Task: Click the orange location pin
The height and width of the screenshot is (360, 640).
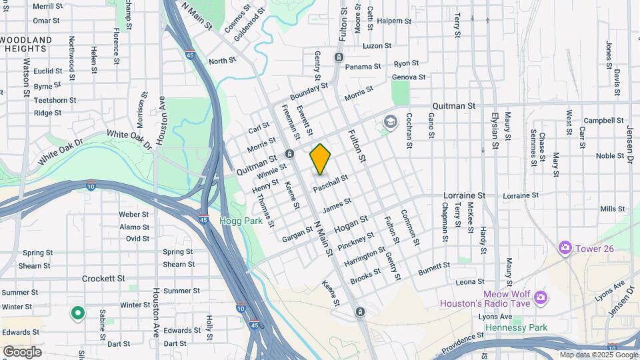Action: point(320,159)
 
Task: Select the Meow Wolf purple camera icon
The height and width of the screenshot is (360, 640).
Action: point(540,296)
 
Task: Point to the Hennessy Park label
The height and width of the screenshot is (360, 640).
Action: point(516,327)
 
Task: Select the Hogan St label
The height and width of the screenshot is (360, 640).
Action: point(351,224)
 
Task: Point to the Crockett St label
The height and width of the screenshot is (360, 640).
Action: point(103,278)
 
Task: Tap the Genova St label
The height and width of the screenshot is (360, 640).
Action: point(408,77)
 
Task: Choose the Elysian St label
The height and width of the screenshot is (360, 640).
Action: point(495,129)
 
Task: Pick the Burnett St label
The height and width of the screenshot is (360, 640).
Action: point(434,269)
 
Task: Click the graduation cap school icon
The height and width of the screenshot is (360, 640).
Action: point(389,122)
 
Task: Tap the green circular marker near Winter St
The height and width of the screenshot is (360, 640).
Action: point(78,312)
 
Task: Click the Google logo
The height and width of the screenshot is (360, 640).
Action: point(22,351)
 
